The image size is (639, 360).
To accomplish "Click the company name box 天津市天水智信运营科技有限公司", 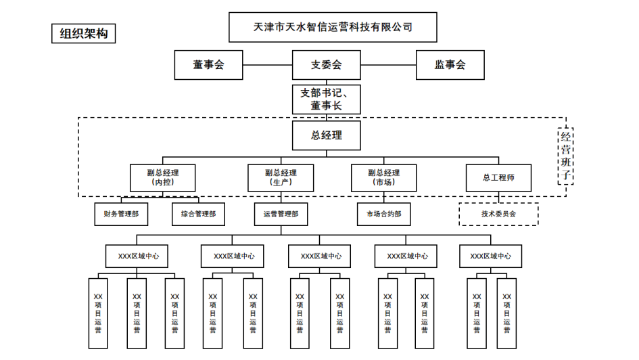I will pyautogui.click(x=332, y=28).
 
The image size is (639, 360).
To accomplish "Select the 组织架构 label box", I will pyautogui.click(x=83, y=33).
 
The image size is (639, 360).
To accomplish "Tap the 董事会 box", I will pyautogui.click(x=208, y=65).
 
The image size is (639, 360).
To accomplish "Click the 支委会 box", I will pyautogui.click(x=327, y=65).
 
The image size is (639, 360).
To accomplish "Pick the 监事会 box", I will pyautogui.click(x=450, y=65).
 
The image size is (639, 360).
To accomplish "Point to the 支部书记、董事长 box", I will pyautogui.click(x=327, y=99).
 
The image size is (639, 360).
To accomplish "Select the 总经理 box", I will pyautogui.click(x=327, y=135).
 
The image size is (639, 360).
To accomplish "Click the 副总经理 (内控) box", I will pyautogui.click(x=162, y=177).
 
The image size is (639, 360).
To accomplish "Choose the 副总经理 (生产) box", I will pyautogui.click(x=280, y=177).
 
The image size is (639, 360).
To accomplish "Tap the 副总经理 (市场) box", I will pyautogui.click(x=383, y=177).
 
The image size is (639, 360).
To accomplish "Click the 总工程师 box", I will pyautogui.click(x=498, y=177).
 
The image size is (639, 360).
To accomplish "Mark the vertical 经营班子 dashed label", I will pyautogui.click(x=566, y=156).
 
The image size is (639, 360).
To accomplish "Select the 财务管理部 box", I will pyautogui.click(x=121, y=214).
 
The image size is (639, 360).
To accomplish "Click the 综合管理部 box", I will pyautogui.click(x=198, y=214).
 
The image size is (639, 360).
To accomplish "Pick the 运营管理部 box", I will pyautogui.click(x=281, y=214).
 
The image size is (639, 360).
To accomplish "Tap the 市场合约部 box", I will pyautogui.click(x=383, y=214).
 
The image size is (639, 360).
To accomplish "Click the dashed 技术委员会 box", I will pyautogui.click(x=498, y=214).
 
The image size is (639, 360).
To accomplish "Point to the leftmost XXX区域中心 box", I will pyautogui.click(x=137, y=256).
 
